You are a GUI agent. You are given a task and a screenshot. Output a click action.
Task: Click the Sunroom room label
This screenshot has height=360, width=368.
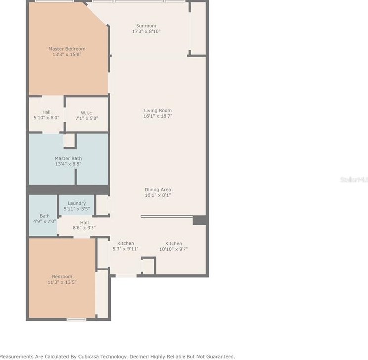click(146, 26)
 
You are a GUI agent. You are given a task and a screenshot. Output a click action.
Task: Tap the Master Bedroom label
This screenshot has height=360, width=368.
click(67, 49)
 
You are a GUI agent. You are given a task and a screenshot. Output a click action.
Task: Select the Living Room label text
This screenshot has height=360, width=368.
click(158, 110)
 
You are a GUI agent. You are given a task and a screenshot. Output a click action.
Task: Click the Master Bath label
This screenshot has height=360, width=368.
click(68, 158)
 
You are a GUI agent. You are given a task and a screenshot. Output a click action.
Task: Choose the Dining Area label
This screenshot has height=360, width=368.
click(158, 190)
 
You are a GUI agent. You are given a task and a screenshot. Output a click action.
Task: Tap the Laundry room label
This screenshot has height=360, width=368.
click(77, 203)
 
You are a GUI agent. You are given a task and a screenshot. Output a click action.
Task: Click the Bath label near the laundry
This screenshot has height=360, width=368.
click(45, 216)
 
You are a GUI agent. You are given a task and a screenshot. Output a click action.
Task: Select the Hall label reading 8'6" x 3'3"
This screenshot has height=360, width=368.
click(84, 223)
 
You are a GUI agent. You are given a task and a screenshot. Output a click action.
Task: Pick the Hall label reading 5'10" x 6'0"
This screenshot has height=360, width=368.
click(46, 113)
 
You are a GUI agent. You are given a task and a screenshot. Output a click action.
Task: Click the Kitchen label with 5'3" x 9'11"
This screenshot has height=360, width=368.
click(126, 243)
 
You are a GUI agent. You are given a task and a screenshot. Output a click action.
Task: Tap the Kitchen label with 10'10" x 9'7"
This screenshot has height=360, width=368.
click(173, 243)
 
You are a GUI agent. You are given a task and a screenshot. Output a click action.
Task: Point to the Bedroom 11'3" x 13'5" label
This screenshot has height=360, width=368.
click(62, 276)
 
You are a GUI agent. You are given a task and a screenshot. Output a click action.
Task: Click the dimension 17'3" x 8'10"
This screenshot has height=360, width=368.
click(146, 31)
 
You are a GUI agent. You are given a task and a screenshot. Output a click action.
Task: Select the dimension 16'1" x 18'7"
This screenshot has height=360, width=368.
click(158, 116)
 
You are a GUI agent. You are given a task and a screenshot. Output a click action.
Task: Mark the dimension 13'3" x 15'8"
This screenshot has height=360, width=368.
click(67, 54)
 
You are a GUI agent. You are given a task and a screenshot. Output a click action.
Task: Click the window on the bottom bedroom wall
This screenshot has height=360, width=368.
click(76, 319)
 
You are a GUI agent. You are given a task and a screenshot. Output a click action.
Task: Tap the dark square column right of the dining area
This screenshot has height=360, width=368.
click(199, 220)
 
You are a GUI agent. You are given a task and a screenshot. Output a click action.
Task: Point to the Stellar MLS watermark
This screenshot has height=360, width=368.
click(354, 180)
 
